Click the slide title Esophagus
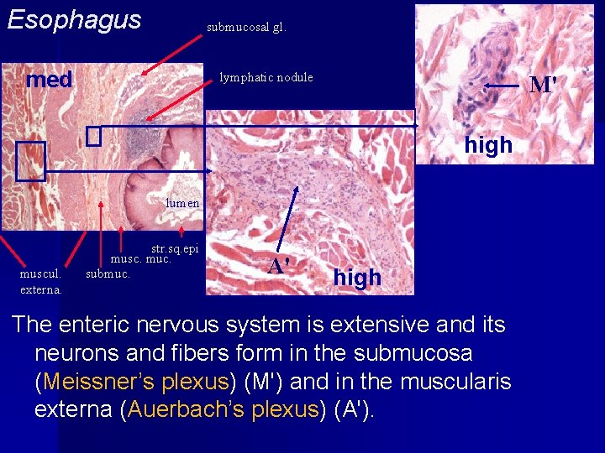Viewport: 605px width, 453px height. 74,20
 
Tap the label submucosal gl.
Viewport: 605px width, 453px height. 246,27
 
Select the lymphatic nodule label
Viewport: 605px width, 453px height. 266,77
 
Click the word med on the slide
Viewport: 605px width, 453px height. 50,80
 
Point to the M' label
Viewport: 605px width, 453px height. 543,86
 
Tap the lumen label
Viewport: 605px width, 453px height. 182,202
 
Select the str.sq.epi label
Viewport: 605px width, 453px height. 175,248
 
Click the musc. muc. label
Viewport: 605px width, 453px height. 141,259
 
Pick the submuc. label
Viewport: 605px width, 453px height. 108,273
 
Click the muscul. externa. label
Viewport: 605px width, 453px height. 41,281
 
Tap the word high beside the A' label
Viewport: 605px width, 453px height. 357,277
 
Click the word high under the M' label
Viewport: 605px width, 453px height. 488,145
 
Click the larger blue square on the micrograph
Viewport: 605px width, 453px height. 30,161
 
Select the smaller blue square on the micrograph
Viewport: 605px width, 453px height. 93,136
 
